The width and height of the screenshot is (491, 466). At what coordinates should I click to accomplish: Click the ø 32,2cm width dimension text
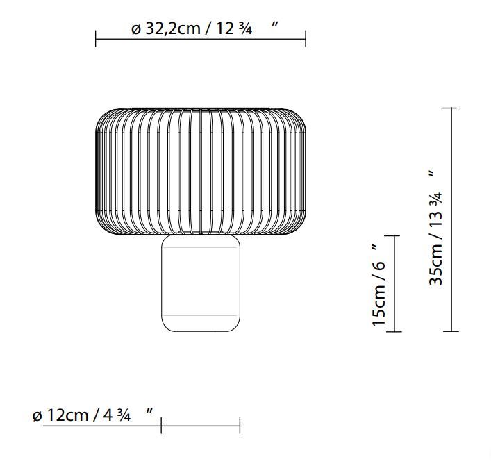coord(191,28)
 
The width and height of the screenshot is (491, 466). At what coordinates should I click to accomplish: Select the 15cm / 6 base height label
coord(378,285)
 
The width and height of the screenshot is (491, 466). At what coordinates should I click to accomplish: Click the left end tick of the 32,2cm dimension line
coord(96,38)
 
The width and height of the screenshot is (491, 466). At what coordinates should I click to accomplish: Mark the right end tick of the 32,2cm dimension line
coord(305,38)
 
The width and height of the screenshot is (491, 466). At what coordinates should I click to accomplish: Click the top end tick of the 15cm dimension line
coord(394,237)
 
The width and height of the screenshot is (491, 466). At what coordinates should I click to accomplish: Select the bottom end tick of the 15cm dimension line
coord(394,331)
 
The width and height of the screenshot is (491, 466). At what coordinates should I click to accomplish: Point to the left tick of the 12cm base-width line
coord(161,426)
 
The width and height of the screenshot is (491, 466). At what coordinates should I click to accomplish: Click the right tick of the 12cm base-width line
coord(240,426)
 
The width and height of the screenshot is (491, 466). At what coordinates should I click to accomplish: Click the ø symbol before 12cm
coord(38,416)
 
